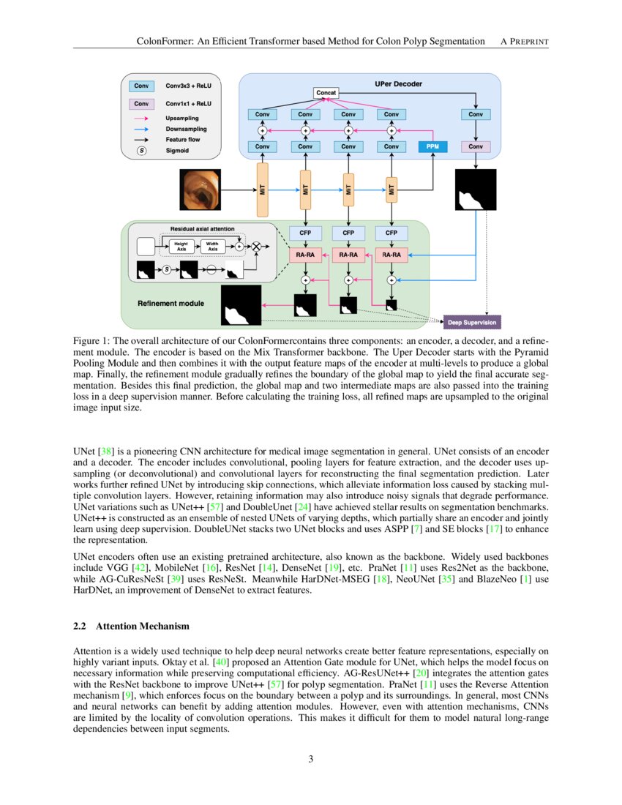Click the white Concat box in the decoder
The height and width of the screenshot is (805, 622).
(x=326, y=93)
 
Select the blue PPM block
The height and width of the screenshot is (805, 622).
(x=433, y=146)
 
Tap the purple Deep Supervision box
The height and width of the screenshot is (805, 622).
(x=472, y=322)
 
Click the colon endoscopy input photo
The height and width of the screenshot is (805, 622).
(x=200, y=190)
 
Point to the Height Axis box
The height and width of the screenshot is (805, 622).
(x=181, y=247)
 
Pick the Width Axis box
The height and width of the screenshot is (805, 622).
(x=212, y=247)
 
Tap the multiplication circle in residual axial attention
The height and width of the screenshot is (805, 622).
(x=256, y=247)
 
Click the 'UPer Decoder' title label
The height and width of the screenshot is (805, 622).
(x=398, y=83)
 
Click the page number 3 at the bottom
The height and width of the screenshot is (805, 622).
(x=311, y=759)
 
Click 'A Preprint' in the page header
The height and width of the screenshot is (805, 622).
(x=524, y=41)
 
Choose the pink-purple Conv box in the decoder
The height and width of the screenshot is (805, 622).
(x=476, y=146)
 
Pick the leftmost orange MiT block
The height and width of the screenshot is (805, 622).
(x=263, y=190)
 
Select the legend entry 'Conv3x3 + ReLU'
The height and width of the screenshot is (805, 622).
(x=188, y=86)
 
